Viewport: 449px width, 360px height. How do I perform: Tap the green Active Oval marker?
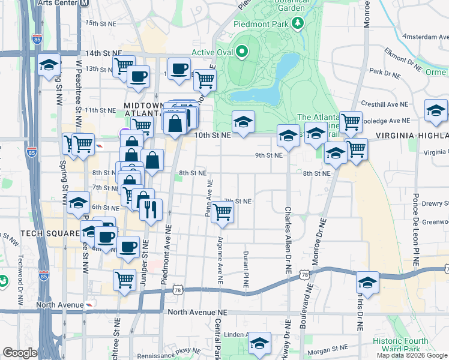point(242,52)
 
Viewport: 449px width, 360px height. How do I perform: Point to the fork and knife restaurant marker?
point(151,210)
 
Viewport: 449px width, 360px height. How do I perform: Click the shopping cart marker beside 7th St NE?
point(223,212)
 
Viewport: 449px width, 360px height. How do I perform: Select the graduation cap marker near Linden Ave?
point(260,343)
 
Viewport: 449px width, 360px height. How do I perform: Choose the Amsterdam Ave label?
point(424,37)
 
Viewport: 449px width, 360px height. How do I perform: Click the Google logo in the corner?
point(19,352)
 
